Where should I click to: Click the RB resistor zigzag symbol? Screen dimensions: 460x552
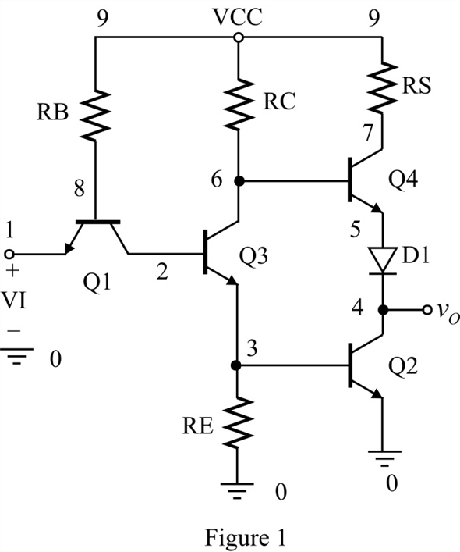pyautogui.click(x=95, y=115)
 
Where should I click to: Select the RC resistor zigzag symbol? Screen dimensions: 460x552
pyautogui.click(x=239, y=104)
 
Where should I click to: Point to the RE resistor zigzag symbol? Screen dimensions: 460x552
pyautogui.click(x=237, y=422)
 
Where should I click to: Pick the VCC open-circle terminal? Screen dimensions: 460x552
pyautogui.click(x=239, y=37)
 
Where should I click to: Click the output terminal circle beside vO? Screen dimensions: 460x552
pyautogui.click(x=427, y=310)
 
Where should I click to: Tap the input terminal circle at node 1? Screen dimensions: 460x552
pyautogui.click(x=9, y=254)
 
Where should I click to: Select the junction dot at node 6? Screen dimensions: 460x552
pyautogui.click(x=239, y=181)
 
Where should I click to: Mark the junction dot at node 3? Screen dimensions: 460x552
pyautogui.click(x=236, y=365)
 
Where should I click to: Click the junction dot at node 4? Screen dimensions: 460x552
pyautogui.click(x=383, y=310)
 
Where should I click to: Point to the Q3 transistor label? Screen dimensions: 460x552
pyautogui.click(x=253, y=256)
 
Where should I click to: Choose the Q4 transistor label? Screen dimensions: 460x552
pyautogui.click(x=403, y=180)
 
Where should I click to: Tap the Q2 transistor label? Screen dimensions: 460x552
pyautogui.click(x=403, y=366)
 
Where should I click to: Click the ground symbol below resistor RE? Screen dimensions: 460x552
pyautogui.click(x=237, y=490)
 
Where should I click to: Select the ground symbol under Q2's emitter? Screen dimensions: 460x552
pyautogui.click(x=384, y=459)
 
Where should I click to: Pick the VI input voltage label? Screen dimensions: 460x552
pyautogui.click(x=14, y=301)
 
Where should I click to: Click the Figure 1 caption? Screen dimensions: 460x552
pyautogui.click(x=246, y=538)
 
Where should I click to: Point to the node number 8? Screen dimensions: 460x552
pyautogui.click(x=80, y=188)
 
